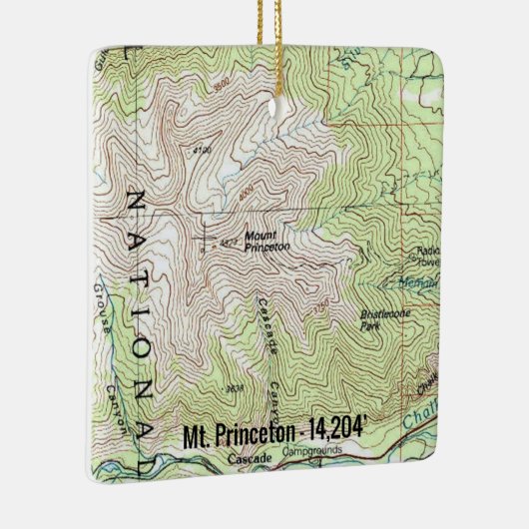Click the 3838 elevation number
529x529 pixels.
click(x=236, y=388)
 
